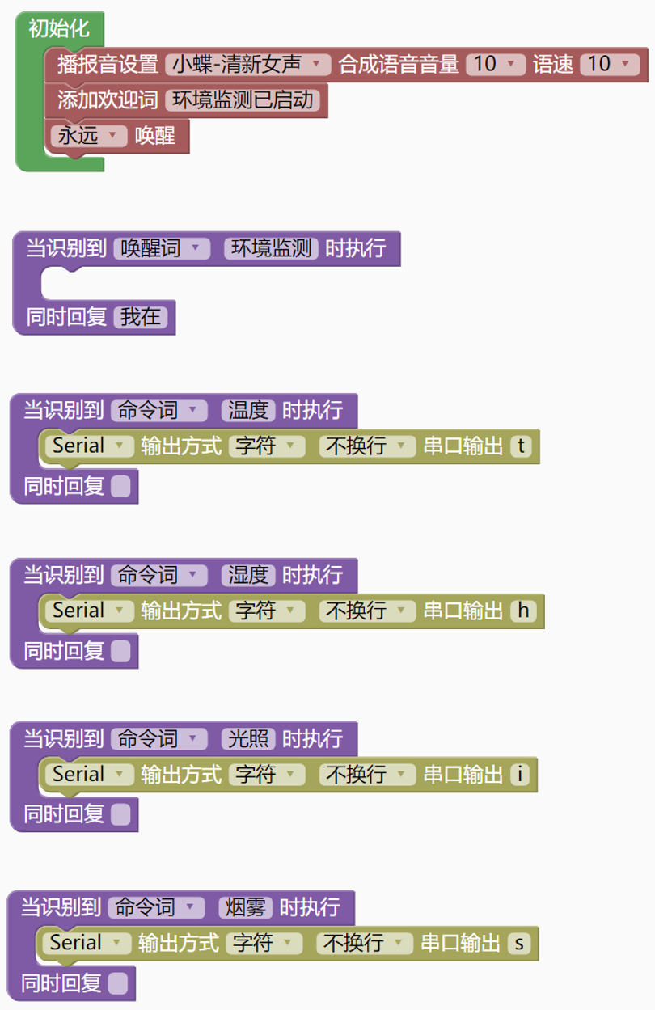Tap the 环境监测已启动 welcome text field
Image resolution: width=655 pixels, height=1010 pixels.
pos(243,100)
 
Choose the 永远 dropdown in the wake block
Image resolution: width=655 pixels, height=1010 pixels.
pos(88,136)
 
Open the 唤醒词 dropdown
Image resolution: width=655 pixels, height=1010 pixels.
pos(162,248)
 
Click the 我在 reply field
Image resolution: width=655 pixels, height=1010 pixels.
pos(141,317)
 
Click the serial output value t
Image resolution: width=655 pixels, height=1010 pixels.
pos(522,446)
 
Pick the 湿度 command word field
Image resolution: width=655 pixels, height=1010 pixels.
pos(248,575)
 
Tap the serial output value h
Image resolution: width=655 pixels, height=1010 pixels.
pos(523,611)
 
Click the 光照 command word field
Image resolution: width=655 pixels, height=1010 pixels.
pos(248,738)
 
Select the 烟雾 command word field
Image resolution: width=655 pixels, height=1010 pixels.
pos(246,907)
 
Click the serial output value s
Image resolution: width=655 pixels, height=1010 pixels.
pos(519,943)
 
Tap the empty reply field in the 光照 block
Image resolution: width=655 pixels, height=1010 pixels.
pos(120,814)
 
